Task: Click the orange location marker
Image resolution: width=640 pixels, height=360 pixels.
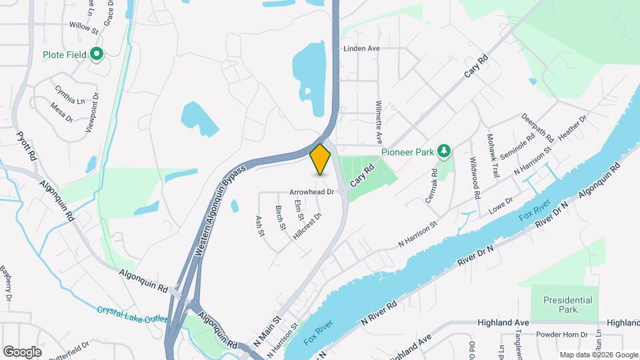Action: pyautogui.click(x=321, y=159)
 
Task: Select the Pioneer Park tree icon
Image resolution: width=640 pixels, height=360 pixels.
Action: pyautogui.click(x=444, y=151)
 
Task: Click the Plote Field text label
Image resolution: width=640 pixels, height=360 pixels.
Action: pyautogui.click(x=65, y=55)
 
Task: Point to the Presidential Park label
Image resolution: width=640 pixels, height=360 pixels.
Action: pyautogui.click(x=567, y=305)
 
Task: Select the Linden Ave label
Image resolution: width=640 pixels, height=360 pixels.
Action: pyautogui.click(x=361, y=49)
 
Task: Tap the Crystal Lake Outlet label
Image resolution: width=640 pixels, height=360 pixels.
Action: pyautogui.click(x=131, y=313)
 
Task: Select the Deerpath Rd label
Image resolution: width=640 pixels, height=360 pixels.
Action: pyautogui.click(x=538, y=127)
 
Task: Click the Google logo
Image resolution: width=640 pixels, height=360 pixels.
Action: pyautogui.click(x=22, y=351)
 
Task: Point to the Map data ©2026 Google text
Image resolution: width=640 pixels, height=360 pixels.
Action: pyautogui.click(x=598, y=355)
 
